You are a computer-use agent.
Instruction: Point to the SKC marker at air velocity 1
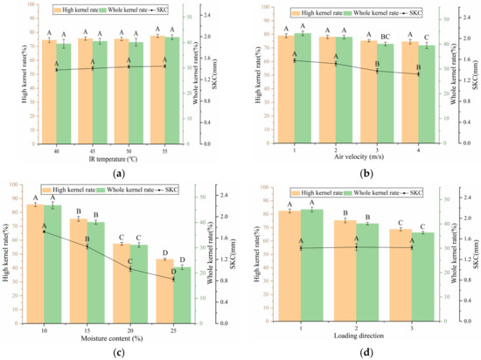pyautogui.click(x=295, y=60)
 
